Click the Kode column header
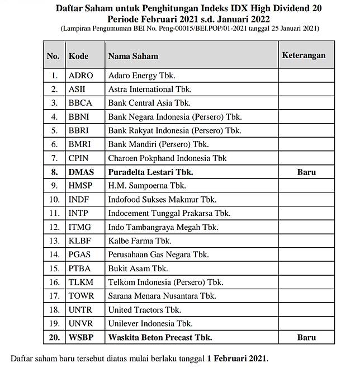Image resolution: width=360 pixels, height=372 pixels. pyautogui.click(x=78, y=56)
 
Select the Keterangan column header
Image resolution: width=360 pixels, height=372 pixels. pyautogui.click(x=304, y=56)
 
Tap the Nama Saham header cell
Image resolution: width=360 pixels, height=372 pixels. pyautogui.click(x=133, y=56)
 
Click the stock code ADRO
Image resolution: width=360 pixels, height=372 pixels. pyautogui.click(x=80, y=76)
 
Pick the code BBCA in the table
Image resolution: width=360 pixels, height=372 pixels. pyautogui.click(x=82, y=103)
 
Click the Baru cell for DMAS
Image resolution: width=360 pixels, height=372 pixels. pyautogui.click(x=306, y=172)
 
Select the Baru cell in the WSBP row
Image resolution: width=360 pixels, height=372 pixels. pyautogui.click(x=306, y=337)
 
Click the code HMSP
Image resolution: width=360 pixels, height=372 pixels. pyautogui.click(x=81, y=186)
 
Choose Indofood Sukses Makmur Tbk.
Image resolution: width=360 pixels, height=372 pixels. pyautogui.click(x=162, y=200)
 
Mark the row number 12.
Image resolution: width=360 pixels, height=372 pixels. pyautogui.click(x=54, y=227)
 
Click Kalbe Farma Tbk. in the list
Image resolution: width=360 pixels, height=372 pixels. pyautogui.click(x=140, y=241)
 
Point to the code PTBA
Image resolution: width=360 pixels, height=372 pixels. pyautogui.click(x=81, y=269)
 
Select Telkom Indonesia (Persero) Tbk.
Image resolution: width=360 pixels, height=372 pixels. pyautogui.click(x=165, y=282)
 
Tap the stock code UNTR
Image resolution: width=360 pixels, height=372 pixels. pyautogui.click(x=81, y=310)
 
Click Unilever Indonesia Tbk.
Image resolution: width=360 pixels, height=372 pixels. pyautogui.click(x=150, y=324)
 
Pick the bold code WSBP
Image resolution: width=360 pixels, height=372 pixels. pyautogui.click(x=81, y=337)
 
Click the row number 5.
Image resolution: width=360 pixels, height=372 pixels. pyautogui.click(x=54, y=130)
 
